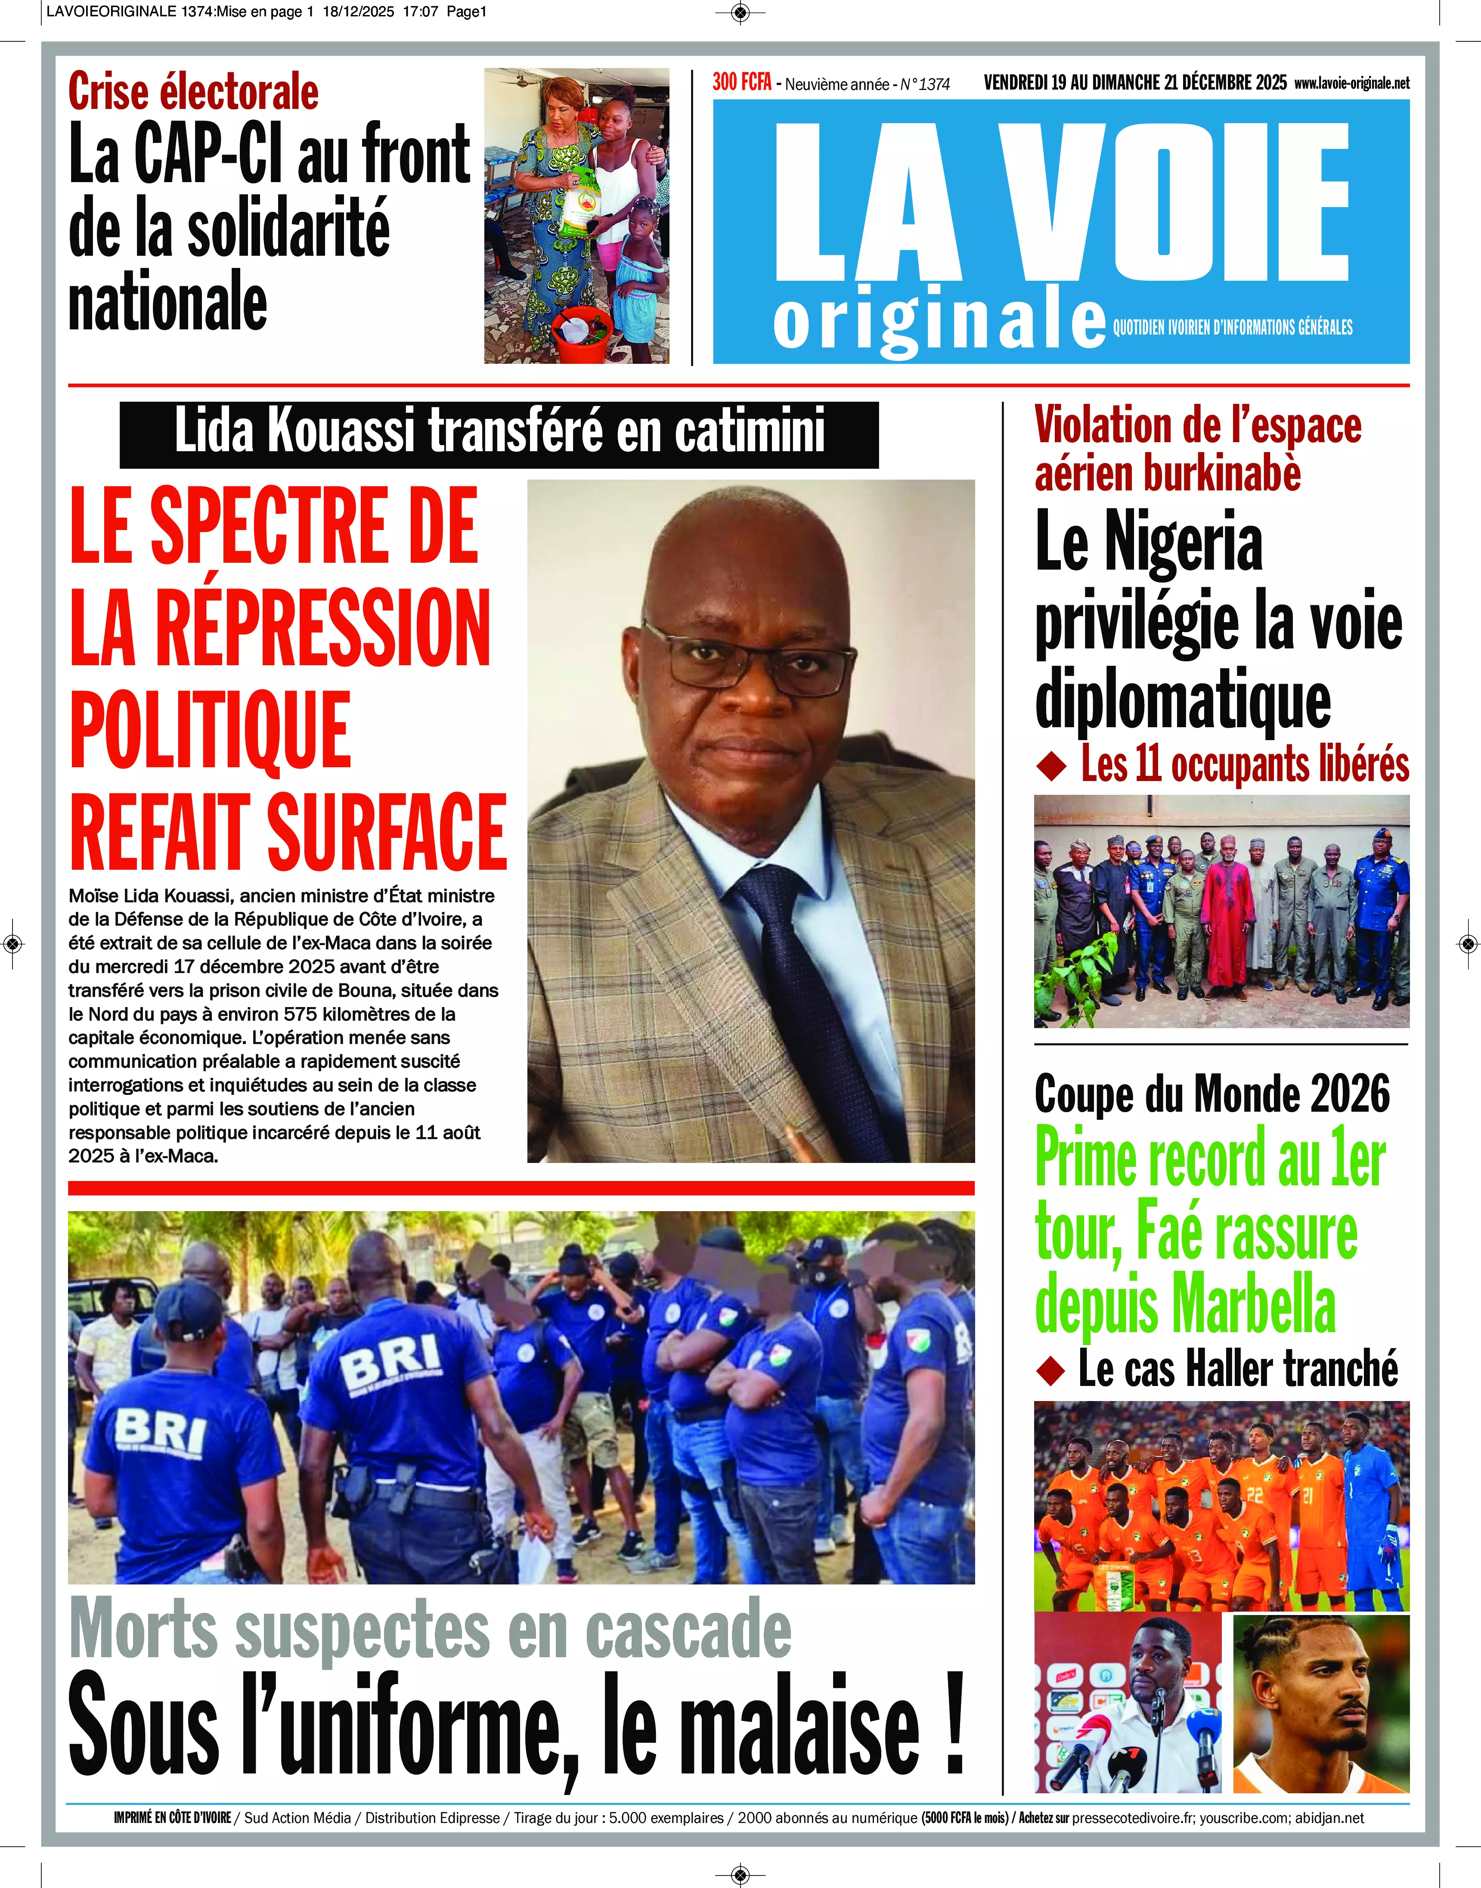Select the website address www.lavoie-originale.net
(1351, 83)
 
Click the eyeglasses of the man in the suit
(747, 663)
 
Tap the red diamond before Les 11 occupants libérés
(1051, 766)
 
